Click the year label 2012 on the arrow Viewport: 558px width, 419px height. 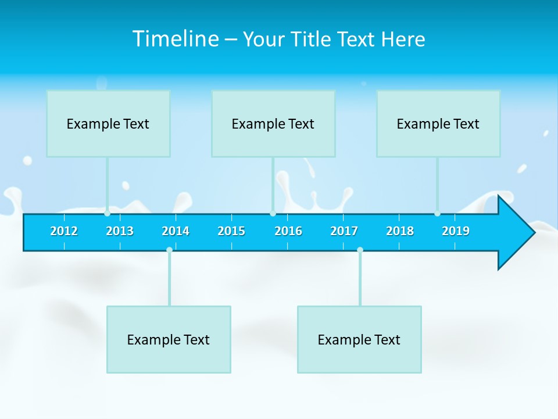[64, 231]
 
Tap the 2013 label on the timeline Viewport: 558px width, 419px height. [120, 231]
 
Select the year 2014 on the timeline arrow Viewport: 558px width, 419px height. [176, 231]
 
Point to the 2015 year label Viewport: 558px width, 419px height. [231, 231]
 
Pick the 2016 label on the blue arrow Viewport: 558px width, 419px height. [288, 231]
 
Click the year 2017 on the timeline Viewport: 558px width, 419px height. [344, 231]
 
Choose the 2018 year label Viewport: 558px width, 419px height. [400, 231]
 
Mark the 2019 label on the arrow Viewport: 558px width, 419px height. [456, 231]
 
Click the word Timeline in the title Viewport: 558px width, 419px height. [174, 39]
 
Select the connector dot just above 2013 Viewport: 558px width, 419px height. [108, 213]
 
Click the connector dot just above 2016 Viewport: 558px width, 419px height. [273, 213]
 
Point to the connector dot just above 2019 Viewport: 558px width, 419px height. [437, 213]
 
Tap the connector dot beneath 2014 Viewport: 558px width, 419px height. [169, 250]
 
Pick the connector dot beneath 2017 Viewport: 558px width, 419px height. [360, 250]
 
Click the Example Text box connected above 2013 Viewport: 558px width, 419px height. [108, 123]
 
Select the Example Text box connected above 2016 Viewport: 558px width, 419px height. [273, 123]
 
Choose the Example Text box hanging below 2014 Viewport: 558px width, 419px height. [169, 339]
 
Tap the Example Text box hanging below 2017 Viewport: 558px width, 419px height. [359, 339]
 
